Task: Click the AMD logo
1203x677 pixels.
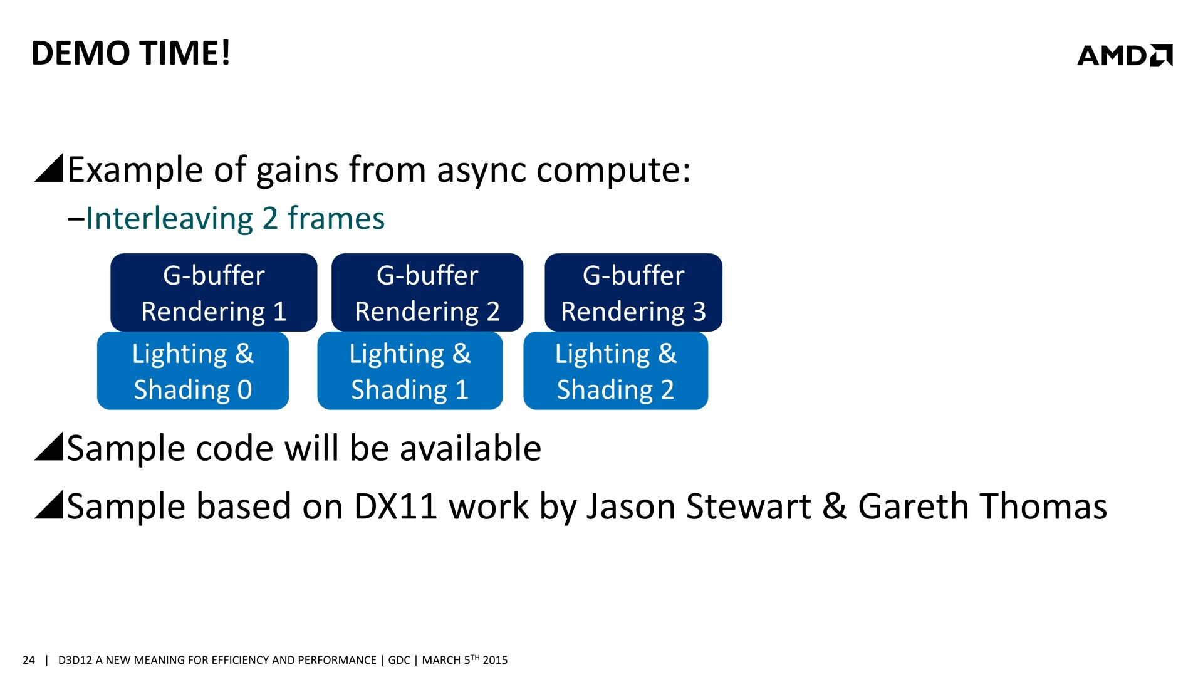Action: point(1125,55)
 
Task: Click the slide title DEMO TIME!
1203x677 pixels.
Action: point(131,53)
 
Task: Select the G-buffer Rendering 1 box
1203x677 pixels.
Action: point(214,292)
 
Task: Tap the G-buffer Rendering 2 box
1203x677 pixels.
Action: point(427,292)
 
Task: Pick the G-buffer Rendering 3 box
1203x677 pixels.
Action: point(633,292)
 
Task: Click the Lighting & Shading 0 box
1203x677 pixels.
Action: point(193,370)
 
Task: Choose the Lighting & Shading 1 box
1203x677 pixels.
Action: point(410,370)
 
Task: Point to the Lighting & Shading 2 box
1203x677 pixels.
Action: point(616,370)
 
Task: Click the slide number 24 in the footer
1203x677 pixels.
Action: point(29,660)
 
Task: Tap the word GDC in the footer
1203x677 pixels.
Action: point(399,660)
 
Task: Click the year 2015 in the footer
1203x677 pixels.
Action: point(495,660)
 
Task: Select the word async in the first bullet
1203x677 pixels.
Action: point(481,171)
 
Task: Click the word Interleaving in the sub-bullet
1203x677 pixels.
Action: point(169,219)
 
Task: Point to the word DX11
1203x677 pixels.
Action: point(395,506)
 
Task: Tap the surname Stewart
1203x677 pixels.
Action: point(748,506)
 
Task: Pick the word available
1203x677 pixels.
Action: point(471,449)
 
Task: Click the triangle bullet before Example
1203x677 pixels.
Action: point(49,168)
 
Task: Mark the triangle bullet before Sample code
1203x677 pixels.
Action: point(49,446)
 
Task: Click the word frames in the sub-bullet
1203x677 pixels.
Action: point(336,219)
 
